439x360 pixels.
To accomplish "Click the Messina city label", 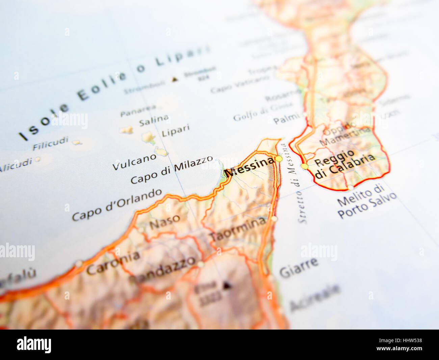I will [250, 167].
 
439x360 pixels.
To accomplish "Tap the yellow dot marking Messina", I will [279, 159].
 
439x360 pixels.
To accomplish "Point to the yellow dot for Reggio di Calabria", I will [305, 166].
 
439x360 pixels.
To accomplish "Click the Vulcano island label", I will [134, 162].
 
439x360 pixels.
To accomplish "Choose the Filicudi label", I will [51, 143].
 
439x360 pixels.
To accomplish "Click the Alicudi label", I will [16, 165].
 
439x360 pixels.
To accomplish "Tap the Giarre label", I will [299, 267].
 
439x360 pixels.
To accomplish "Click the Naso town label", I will [165, 222].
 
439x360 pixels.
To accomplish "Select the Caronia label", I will [113, 263].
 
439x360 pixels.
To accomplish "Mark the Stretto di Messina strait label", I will [293, 183].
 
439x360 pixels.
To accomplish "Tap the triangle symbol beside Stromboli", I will [175, 79].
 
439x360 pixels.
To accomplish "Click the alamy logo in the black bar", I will [34, 345].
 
